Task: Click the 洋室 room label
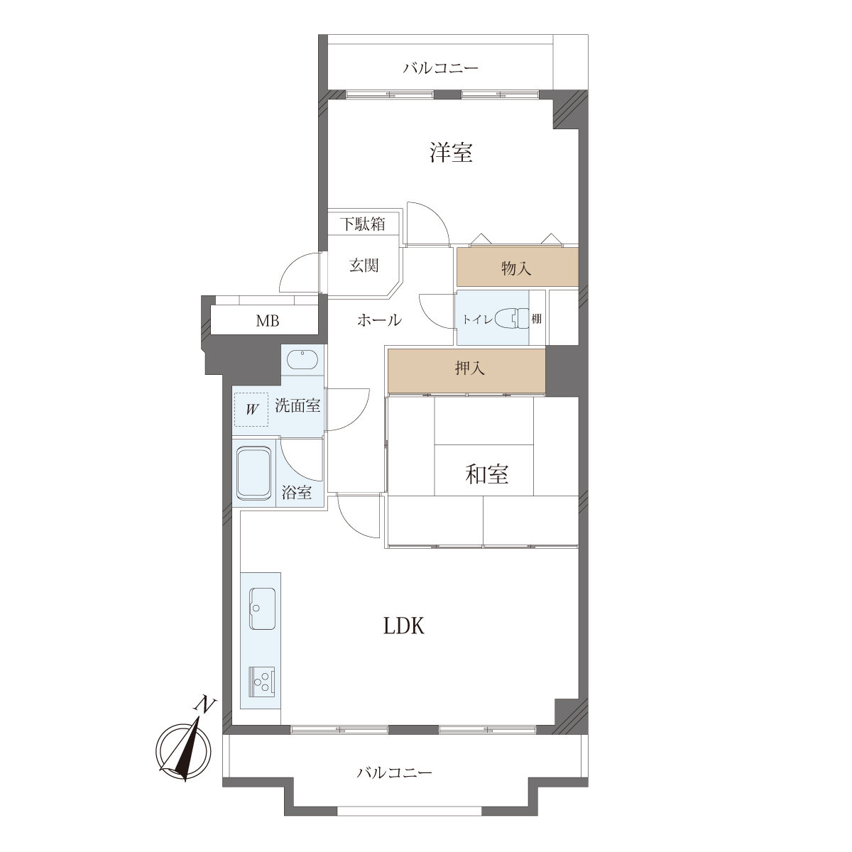click(451, 153)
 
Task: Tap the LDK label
click(404, 626)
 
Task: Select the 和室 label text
click(487, 474)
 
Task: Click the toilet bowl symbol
click(512, 318)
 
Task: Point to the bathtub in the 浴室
click(253, 473)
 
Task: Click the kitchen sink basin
click(263, 608)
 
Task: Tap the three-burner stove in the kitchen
click(262, 682)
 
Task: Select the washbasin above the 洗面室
click(302, 359)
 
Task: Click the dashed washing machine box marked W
click(251, 410)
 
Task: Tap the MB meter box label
click(268, 320)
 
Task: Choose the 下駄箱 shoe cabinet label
click(363, 224)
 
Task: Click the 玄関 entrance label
click(364, 266)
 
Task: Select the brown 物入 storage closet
click(518, 267)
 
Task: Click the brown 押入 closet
click(466, 370)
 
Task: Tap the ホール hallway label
click(379, 319)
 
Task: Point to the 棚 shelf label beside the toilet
click(537, 318)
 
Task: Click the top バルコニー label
click(441, 68)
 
